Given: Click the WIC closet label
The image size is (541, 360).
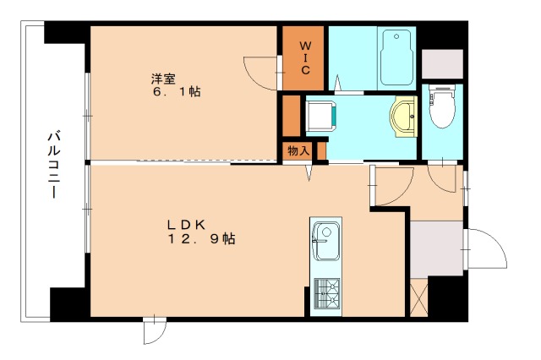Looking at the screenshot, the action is point(304,58).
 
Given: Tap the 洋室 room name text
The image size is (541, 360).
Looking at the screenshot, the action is point(163,79).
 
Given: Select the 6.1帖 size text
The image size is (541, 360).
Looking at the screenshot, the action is point(177,92).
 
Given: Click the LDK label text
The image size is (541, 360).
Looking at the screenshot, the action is point(186,225).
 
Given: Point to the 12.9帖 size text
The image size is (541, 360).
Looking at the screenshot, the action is point(202,238).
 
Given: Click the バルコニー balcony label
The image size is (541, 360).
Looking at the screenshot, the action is point(53,165).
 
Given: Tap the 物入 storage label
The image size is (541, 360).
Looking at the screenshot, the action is point(298,150).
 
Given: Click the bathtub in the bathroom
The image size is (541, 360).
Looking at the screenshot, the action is point(396,57).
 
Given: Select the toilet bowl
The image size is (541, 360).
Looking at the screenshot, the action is point(442,106).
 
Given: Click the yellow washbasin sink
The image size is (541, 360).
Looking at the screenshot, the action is point(403,117).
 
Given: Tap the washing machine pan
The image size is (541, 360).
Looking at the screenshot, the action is point(320,117).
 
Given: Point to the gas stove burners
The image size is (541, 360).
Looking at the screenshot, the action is point(326,293).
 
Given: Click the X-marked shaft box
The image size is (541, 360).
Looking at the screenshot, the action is point(419,297).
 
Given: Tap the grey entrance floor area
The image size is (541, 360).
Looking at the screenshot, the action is point(436,248).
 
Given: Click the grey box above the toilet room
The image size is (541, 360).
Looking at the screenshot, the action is point(442,63).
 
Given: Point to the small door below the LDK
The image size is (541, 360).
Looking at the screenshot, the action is point(155,330).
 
